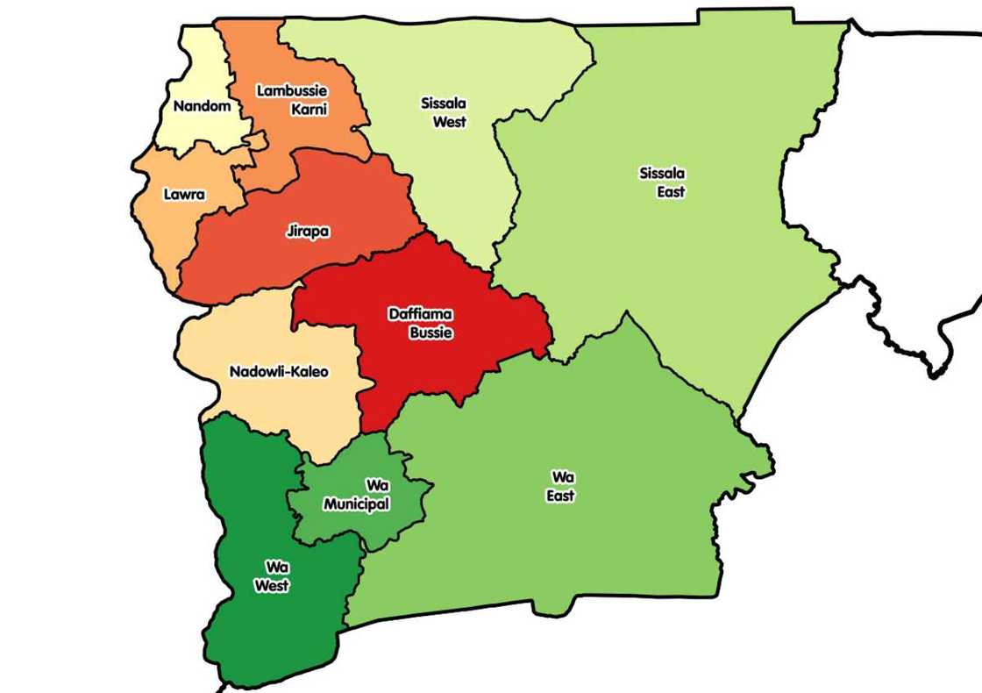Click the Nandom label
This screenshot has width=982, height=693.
coord(202,106)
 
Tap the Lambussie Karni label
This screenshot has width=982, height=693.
coord(293,99)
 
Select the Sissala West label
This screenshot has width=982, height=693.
coord(445,112)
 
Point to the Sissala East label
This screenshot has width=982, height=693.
coord(663,182)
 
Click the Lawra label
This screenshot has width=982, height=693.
coord(184,194)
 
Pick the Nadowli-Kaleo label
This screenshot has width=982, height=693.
coord(279,371)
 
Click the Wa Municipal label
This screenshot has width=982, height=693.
coord(357,495)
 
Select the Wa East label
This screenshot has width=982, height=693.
coord(562,486)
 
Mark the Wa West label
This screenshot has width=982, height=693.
coord(272,576)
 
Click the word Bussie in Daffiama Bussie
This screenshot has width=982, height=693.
coord(431,333)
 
